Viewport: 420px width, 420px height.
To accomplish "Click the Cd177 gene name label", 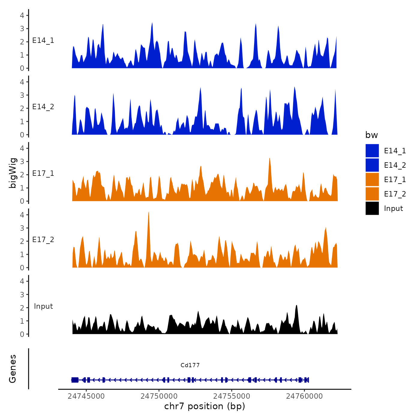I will (190, 365).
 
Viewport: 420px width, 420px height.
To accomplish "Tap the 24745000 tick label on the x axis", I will (86, 396).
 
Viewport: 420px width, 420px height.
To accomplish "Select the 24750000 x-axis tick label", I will (159, 396).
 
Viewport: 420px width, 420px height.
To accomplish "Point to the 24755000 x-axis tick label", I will (232, 396).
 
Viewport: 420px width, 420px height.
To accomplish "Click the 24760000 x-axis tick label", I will (304, 396).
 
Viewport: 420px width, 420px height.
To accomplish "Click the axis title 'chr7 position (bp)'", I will (205, 406).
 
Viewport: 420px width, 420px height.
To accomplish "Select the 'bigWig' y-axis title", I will (13, 173).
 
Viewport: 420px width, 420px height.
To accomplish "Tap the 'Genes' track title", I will (13, 369).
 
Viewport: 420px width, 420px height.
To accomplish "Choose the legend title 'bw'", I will (371, 135).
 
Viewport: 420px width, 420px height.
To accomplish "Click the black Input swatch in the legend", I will (372, 208).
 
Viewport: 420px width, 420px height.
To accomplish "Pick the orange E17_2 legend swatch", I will (372, 194).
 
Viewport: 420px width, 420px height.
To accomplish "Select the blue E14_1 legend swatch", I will (372, 151).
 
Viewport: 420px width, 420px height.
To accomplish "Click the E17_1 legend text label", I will (395, 179).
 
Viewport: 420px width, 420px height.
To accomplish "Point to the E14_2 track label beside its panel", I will (43, 107).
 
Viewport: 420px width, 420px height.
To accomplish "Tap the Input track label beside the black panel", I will (43, 306).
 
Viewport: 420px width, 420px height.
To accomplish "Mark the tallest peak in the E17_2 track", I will (149, 212).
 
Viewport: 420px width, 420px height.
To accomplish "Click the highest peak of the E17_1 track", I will (270, 159).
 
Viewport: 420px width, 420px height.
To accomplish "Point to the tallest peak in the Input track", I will (296, 306).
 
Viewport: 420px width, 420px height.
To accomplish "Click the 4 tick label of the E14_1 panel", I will (22, 15).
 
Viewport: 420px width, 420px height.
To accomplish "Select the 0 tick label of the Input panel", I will (22, 334).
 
